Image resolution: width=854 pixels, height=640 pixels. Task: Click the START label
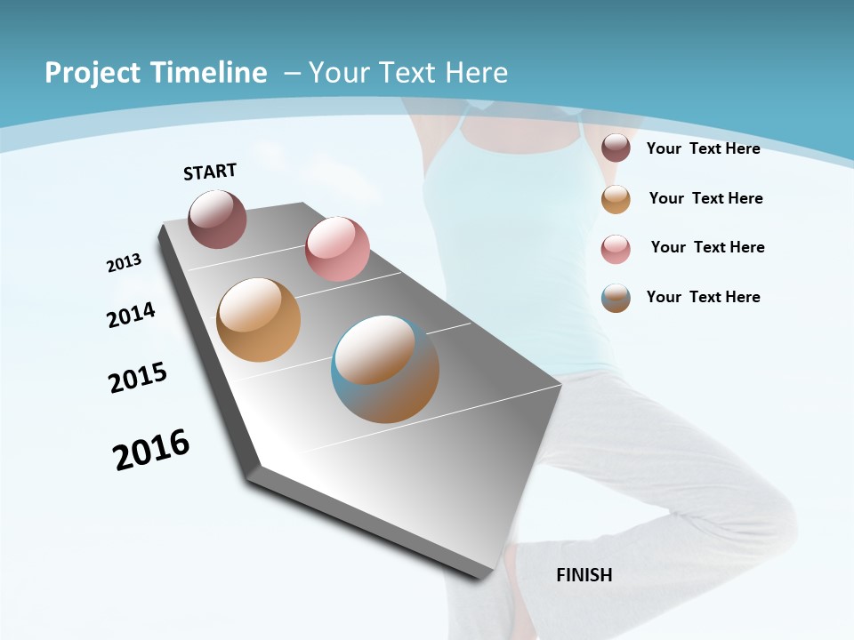pyautogui.click(x=210, y=172)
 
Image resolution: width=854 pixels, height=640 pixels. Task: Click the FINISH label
pyautogui.click(x=584, y=575)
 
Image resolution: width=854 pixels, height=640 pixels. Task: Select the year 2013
pyautogui.click(x=125, y=263)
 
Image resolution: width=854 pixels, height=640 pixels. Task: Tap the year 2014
pyautogui.click(x=132, y=315)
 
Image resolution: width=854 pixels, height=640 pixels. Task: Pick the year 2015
pyautogui.click(x=138, y=378)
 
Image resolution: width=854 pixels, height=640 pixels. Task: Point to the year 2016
pyautogui.click(x=151, y=450)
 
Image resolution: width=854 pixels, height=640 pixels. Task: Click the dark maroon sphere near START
pyautogui.click(x=218, y=220)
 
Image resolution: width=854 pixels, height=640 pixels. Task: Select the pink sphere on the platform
pyautogui.click(x=337, y=249)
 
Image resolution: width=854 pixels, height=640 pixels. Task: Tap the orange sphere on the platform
pyautogui.click(x=258, y=320)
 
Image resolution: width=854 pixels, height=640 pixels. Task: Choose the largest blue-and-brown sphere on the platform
pyautogui.click(x=385, y=369)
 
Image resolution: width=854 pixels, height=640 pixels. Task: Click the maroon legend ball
pyautogui.click(x=616, y=148)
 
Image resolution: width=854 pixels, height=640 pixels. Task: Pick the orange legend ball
pyautogui.click(x=616, y=199)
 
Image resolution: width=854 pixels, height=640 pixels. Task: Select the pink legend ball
pyautogui.click(x=616, y=249)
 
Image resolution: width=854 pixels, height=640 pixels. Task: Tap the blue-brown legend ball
pyautogui.click(x=616, y=298)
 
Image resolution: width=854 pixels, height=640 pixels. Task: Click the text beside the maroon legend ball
pyautogui.click(x=703, y=148)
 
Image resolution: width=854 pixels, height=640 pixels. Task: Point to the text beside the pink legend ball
pyautogui.click(x=707, y=247)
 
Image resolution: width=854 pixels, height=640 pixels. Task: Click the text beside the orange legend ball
pyautogui.click(x=705, y=198)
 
